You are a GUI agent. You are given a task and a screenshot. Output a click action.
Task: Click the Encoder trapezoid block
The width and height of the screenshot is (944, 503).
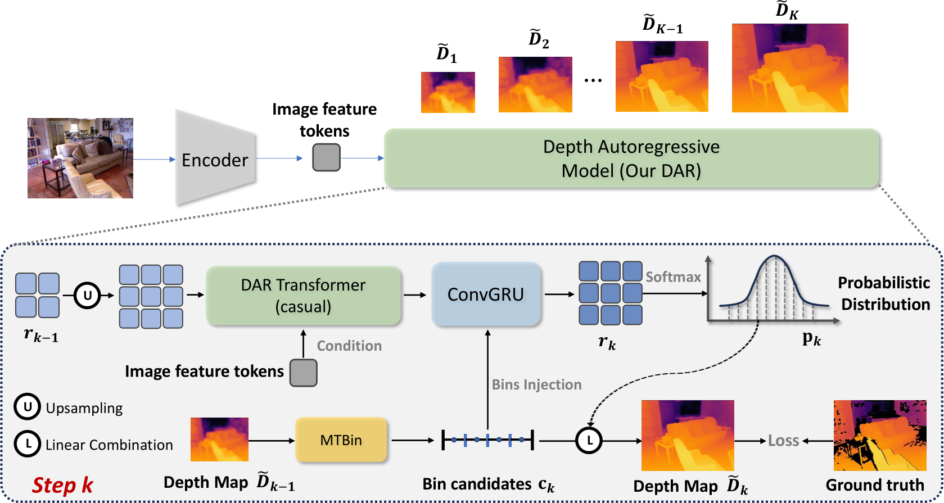pyautogui.click(x=215, y=160)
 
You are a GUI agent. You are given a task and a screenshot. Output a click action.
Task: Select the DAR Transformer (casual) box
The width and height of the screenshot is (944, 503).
pyautogui.click(x=303, y=296)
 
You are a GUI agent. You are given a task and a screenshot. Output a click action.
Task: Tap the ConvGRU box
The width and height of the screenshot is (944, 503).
pyautogui.click(x=486, y=294)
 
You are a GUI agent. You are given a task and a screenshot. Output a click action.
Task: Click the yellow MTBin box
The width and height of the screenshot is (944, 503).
pyautogui.click(x=341, y=440)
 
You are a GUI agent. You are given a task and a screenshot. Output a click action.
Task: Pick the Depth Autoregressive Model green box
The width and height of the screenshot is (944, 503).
pyautogui.click(x=631, y=158)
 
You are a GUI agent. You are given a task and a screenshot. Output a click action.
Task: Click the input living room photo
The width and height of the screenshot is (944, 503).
pyautogui.click(x=80, y=158)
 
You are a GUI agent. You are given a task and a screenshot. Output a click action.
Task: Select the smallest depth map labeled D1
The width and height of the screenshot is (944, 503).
pyautogui.click(x=448, y=92)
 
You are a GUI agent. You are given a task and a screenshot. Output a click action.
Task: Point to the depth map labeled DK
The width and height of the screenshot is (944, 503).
pyautogui.click(x=789, y=68)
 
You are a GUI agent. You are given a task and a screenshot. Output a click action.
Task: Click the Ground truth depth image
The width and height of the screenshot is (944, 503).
pyautogui.click(x=879, y=436)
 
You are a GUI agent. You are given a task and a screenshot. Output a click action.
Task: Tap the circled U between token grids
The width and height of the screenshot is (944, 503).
pyautogui.click(x=87, y=295)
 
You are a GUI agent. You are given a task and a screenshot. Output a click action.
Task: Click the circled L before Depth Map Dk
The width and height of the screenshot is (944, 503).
pyautogui.click(x=589, y=441)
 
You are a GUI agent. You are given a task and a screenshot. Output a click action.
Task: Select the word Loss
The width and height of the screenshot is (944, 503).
pyautogui.click(x=783, y=441)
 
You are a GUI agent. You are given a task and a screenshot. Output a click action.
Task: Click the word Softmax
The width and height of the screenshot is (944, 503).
pyautogui.click(x=673, y=277)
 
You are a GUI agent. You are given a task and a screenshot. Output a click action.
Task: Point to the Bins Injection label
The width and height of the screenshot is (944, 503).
pyautogui.click(x=536, y=384)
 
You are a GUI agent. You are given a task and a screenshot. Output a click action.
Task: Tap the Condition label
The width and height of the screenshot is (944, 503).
pyautogui.click(x=349, y=346)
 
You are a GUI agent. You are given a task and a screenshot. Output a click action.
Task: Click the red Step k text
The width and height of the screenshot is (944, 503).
pyautogui.click(x=62, y=485)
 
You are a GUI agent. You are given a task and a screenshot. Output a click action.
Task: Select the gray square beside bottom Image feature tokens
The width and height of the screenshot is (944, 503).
pyautogui.click(x=303, y=373)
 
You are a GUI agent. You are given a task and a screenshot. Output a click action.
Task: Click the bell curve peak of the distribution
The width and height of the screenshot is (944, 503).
pyautogui.click(x=775, y=258)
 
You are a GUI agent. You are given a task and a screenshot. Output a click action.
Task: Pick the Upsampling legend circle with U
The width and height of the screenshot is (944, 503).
pyautogui.click(x=27, y=407)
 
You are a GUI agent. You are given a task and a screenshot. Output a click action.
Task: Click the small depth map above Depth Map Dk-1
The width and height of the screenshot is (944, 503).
pyautogui.click(x=219, y=439)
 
